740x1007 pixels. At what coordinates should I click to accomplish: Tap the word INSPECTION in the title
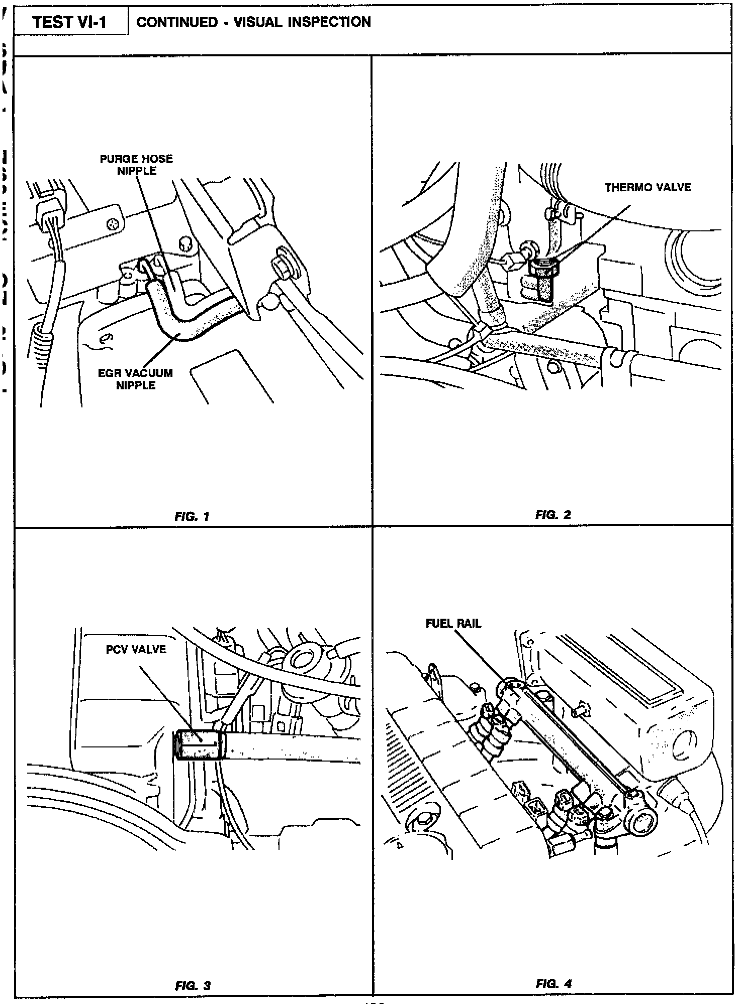(329, 22)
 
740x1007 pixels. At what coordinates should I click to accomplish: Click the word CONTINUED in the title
(177, 22)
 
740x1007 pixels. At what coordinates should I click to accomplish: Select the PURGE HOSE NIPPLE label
(136, 165)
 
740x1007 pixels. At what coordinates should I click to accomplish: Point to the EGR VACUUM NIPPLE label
(136, 379)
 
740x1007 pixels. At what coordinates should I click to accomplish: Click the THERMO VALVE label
(647, 188)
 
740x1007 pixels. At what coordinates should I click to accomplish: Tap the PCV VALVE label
(136, 649)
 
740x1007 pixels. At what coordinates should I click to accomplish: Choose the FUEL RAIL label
(453, 623)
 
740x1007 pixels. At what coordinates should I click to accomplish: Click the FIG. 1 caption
(192, 516)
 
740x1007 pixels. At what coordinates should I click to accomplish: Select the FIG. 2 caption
(553, 515)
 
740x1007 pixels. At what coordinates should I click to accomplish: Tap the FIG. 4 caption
(553, 983)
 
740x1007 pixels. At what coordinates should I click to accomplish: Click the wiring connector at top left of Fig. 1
(51, 209)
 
